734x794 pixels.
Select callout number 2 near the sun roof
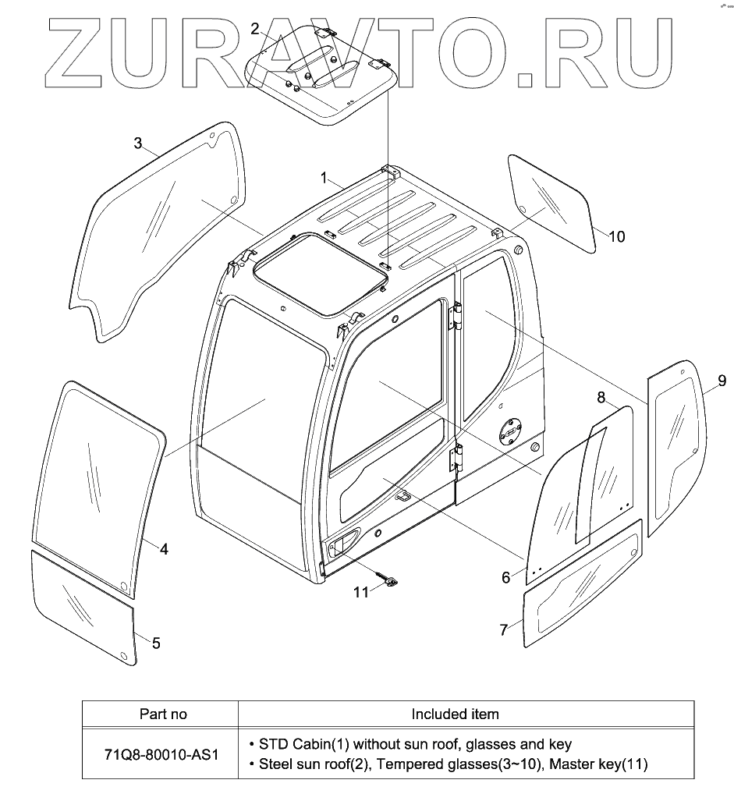(x=254, y=30)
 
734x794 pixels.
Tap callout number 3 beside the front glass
(x=138, y=143)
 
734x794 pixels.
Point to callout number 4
(x=164, y=548)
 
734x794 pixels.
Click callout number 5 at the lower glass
(x=156, y=643)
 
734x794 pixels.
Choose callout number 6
(x=505, y=577)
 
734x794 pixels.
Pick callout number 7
(x=504, y=629)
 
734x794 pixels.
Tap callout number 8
(x=601, y=398)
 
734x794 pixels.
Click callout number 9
(x=722, y=381)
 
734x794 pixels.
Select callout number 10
(x=616, y=236)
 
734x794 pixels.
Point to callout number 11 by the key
(x=360, y=592)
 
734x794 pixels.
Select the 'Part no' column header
(x=163, y=714)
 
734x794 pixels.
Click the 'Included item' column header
(x=455, y=714)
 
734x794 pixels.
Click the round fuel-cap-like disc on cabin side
(x=511, y=429)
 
